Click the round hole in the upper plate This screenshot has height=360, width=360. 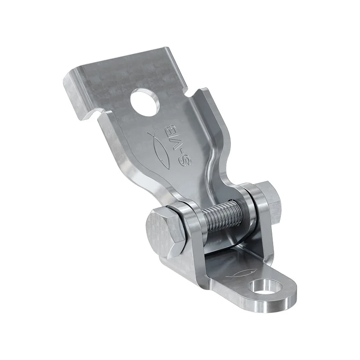[145, 101]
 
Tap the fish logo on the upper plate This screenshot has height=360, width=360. [162, 149]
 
